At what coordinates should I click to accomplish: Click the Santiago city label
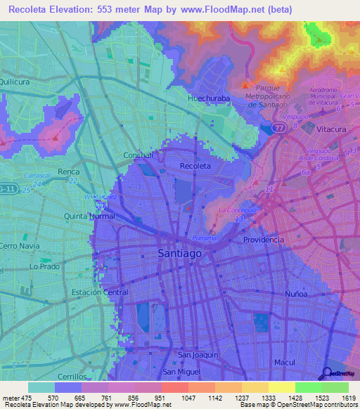tap(180, 253)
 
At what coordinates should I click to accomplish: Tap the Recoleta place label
tap(195, 166)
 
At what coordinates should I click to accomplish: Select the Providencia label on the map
tap(264, 240)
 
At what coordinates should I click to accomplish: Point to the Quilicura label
tap(18, 81)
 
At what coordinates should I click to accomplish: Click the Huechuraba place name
tap(208, 99)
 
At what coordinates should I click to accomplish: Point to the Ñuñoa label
tap(295, 294)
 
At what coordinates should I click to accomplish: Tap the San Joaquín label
tap(198, 355)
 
